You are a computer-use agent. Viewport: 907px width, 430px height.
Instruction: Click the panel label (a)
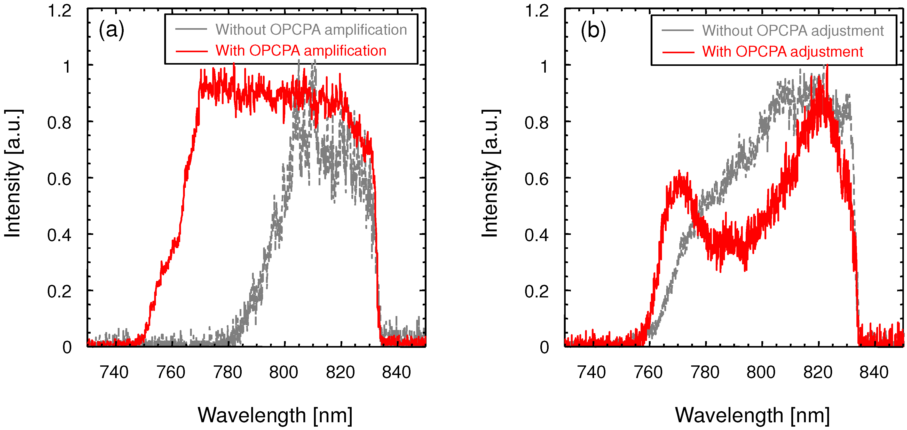click(x=111, y=30)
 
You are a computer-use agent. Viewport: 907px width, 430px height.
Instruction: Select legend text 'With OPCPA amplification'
click(x=301, y=51)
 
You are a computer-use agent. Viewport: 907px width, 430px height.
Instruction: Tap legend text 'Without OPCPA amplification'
click(x=311, y=30)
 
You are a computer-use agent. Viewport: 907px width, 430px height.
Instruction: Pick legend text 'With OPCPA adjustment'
click(x=782, y=52)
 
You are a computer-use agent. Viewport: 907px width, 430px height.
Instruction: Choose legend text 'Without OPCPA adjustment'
click(x=793, y=31)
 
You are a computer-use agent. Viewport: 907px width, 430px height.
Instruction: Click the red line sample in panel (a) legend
click(x=192, y=51)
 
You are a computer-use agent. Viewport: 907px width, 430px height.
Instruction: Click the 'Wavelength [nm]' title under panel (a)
click(x=275, y=415)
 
